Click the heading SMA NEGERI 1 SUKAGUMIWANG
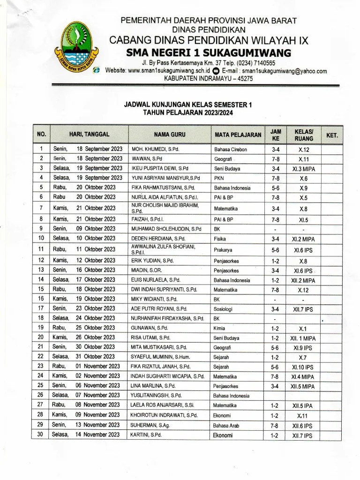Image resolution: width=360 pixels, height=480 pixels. click(x=209, y=52)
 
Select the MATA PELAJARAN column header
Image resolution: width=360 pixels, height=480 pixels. click(x=238, y=135)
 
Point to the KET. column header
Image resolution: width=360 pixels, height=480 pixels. click(x=331, y=135)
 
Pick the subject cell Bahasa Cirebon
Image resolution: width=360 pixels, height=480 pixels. click(x=230, y=150)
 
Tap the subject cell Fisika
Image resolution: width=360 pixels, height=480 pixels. click(x=220, y=239)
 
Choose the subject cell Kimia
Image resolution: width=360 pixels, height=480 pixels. click(x=219, y=328)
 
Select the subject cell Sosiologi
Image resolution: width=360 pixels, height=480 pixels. click(x=224, y=308)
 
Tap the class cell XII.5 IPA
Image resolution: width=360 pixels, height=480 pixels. click(x=303, y=405)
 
